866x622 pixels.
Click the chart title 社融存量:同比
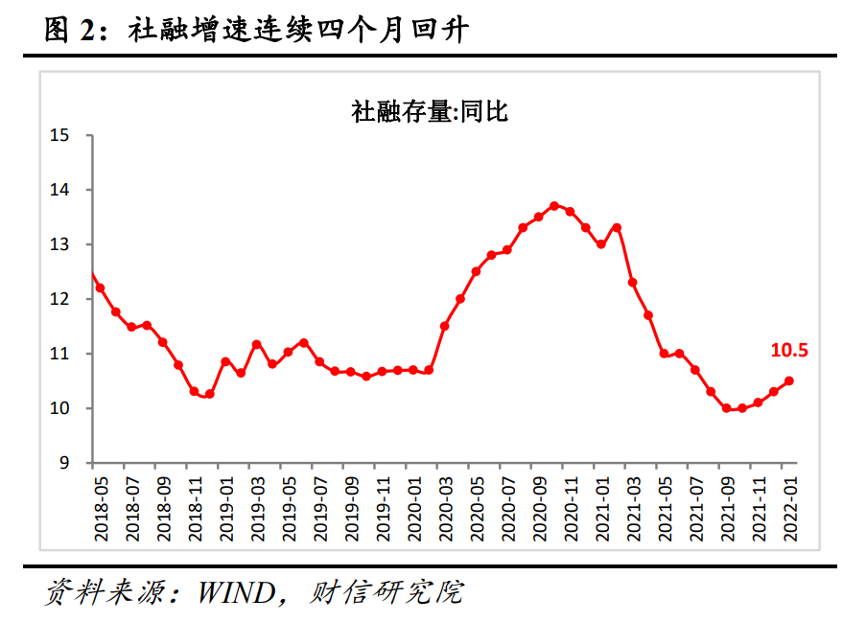click(x=430, y=112)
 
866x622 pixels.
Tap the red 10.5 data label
click(x=789, y=351)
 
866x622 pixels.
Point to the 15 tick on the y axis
click(x=60, y=136)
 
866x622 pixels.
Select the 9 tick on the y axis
click(x=65, y=463)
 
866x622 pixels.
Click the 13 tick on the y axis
click(x=60, y=245)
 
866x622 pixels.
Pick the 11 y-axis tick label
click(x=60, y=355)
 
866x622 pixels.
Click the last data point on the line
click(x=789, y=380)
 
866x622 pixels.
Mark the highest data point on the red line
click(x=554, y=205)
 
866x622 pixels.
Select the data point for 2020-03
click(x=444, y=326)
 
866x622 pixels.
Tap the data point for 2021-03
click(x=633, y=282)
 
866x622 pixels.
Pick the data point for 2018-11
click(x=194, y=391)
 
